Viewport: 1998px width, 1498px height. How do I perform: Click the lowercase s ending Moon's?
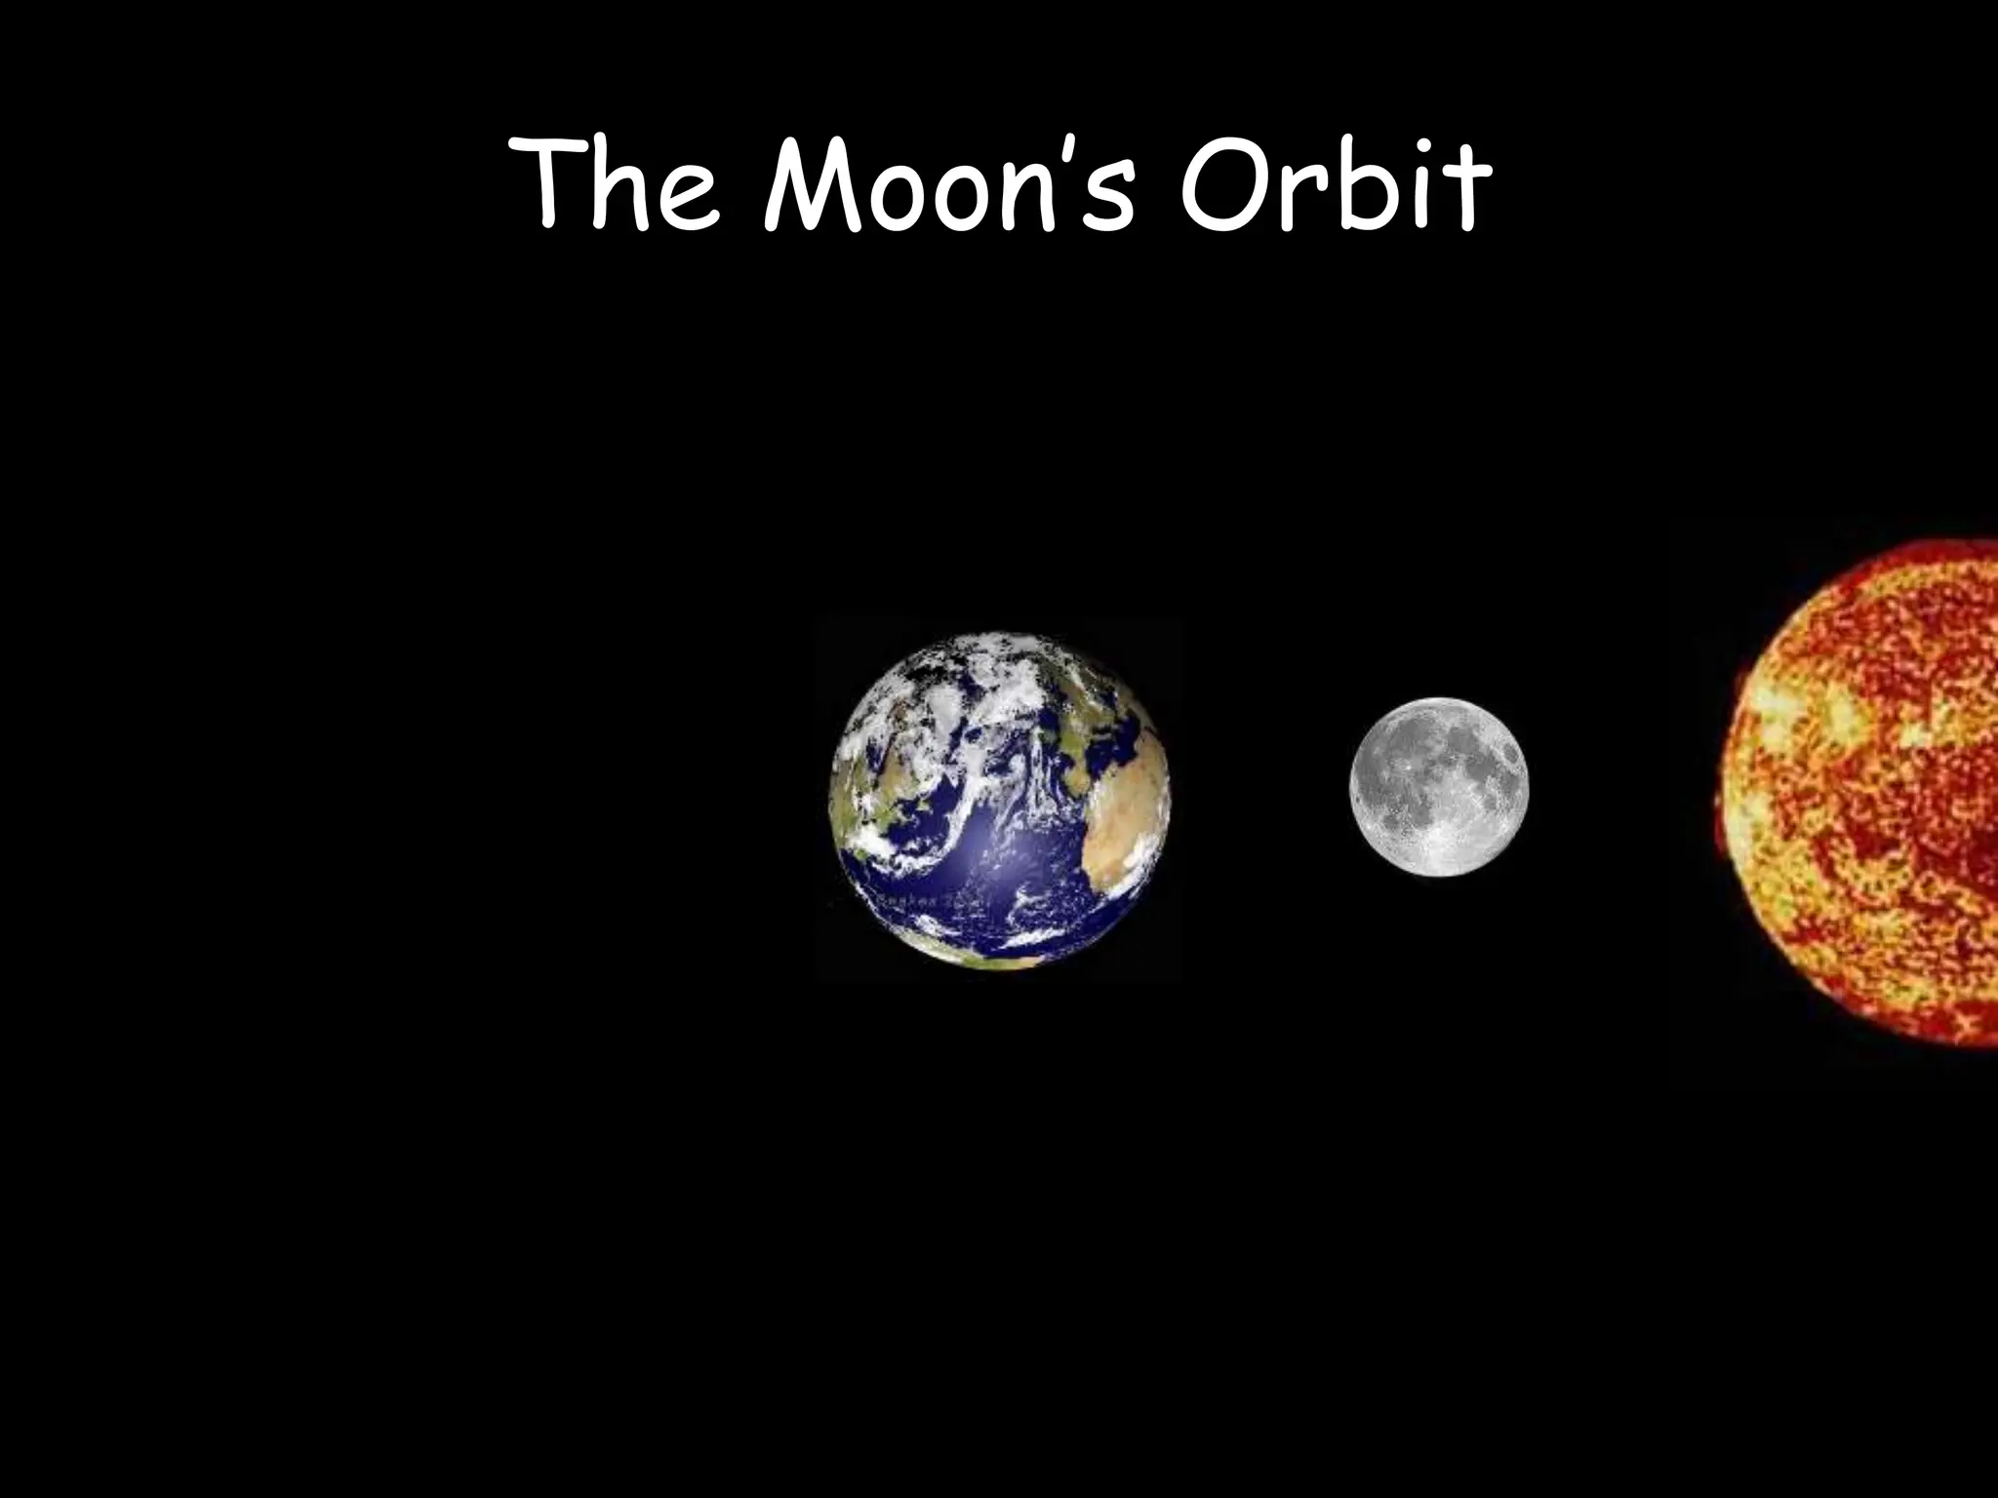click(1112, 200)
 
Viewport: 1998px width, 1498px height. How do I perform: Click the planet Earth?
click(999, 800)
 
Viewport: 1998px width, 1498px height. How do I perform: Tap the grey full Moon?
click(1439, 786)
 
